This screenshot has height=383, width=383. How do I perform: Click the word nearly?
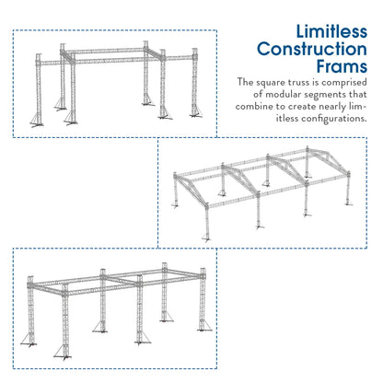[345, 107]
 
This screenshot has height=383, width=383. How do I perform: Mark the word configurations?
[333, 119]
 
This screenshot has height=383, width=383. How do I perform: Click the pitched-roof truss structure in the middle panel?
[267, 193]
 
